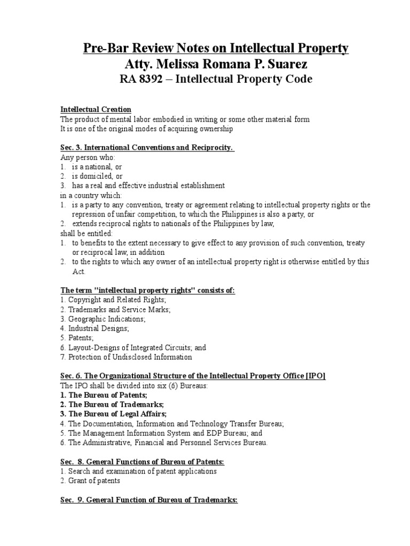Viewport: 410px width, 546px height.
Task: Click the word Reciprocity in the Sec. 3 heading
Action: (209, 147)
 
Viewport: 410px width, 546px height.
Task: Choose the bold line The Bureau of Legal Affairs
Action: (113, 414)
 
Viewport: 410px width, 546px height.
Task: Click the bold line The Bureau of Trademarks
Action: (109, 404)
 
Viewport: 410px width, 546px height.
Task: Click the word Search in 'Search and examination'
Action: (77, 471)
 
